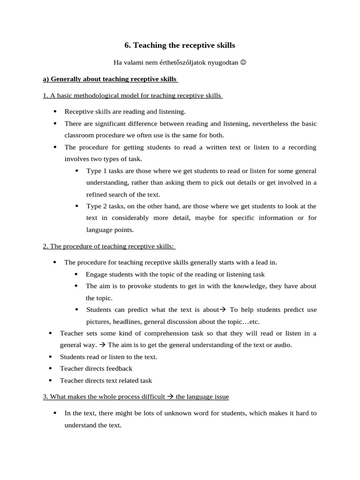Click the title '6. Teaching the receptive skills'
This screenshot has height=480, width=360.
180,45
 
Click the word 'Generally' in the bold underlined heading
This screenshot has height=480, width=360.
65,79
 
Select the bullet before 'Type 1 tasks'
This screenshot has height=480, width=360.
76,171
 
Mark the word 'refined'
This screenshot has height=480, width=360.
97,195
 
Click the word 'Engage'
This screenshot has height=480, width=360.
97,274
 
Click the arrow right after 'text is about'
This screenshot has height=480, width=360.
223,310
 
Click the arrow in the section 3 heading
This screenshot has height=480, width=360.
170,397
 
